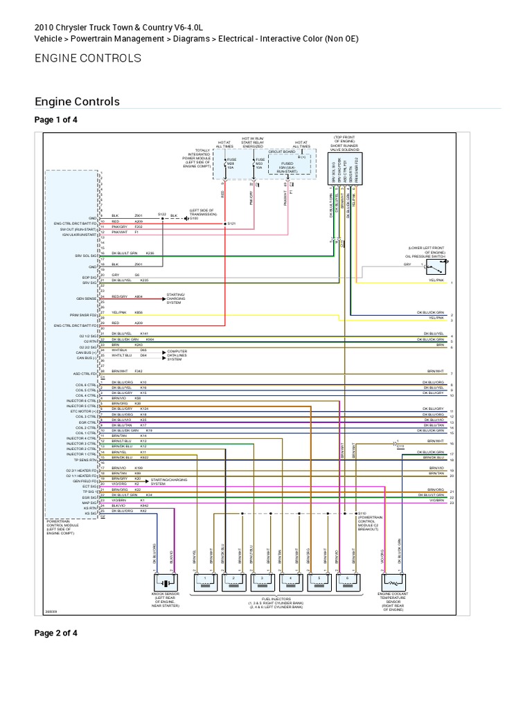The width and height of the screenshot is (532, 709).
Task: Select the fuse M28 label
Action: click(x=231, y=163)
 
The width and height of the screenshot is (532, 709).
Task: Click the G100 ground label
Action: click(x=193, y=218)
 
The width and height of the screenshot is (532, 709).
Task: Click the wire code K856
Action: click(x=138, y=312)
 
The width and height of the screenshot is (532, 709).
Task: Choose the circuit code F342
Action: click(x=138, y=372)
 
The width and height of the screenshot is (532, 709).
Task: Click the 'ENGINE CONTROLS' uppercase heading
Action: click(x=87, y=58)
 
